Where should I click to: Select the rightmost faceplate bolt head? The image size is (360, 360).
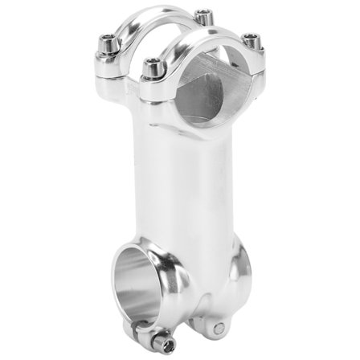[252, 41]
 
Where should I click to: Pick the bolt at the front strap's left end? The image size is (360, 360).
[151, 69]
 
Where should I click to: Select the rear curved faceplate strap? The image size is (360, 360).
[153, 22]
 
